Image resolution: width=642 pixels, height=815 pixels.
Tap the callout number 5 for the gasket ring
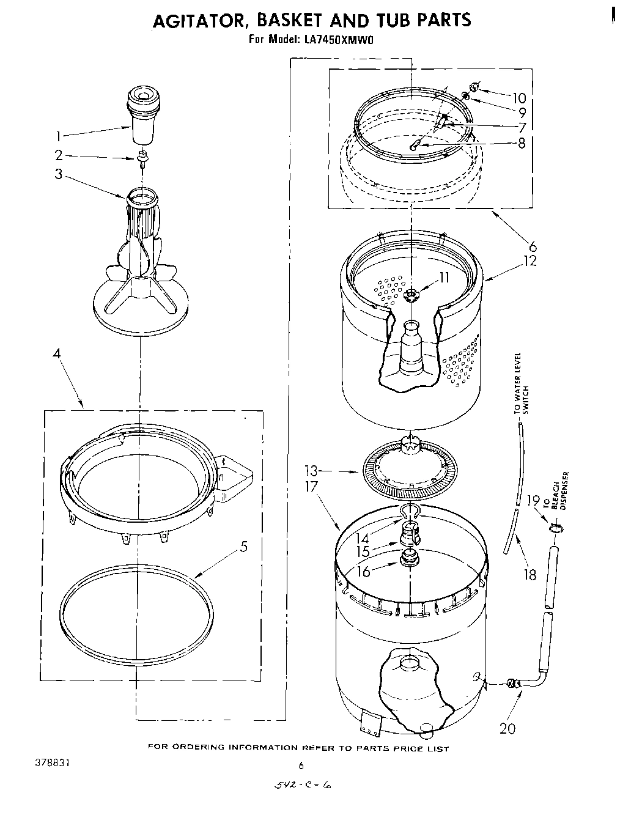(243, 547)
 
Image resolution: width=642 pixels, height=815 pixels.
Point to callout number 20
(507, 728)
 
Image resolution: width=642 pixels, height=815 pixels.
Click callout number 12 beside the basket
(529, 261)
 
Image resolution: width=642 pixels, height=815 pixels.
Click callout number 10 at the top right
(518, 98)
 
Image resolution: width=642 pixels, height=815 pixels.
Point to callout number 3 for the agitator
(58, 174)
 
